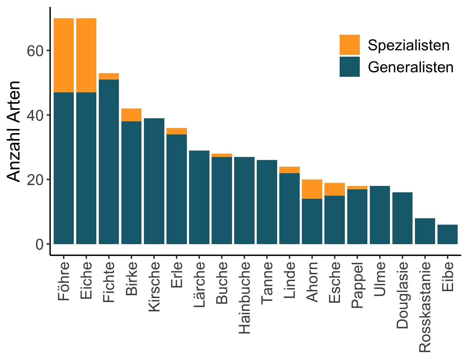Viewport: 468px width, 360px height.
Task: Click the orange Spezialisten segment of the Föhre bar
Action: tap(64, 55)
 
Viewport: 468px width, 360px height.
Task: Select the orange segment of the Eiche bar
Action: tap(86, 55)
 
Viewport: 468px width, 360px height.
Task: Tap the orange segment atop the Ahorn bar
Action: tap(312, 189)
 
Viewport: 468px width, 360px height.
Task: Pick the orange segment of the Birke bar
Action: tap(131, 115)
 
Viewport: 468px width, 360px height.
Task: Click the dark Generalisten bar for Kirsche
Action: tap(154, 181)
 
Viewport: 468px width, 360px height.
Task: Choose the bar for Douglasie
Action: tap(402, 218)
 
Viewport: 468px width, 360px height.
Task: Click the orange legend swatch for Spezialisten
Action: tap(349, 45)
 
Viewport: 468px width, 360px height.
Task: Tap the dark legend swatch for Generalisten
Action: tap(349, 66)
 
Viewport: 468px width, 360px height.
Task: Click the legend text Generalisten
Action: tap(410, 67)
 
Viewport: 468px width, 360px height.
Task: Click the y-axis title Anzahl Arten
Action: tap(14, 131)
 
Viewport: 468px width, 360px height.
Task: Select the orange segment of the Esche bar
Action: tap(334, 189)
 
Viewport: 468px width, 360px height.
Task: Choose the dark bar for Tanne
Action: tap(267, 202)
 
